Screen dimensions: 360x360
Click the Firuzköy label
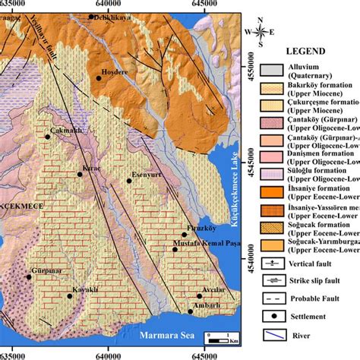[199, 228]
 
